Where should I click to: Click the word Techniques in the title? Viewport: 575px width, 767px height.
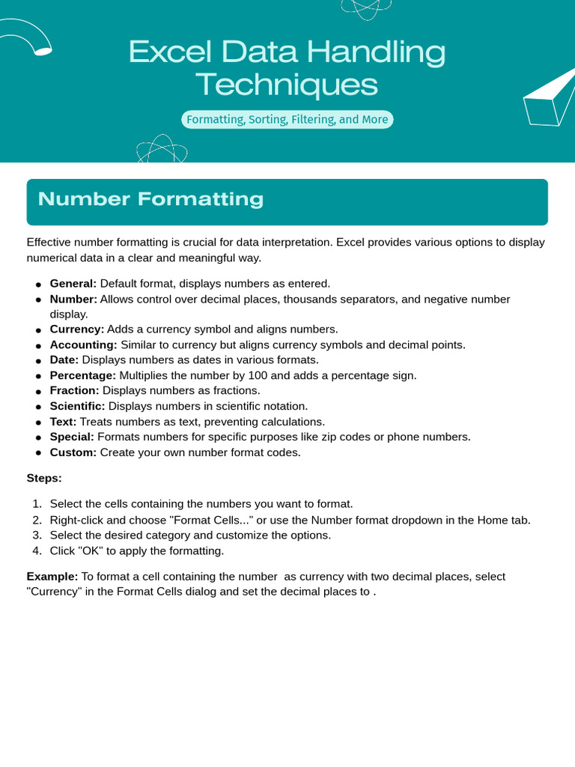click(287, 85)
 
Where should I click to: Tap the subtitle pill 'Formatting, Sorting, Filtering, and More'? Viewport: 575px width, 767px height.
click(287, 120)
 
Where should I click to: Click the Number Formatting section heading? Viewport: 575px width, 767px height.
click(150, 199)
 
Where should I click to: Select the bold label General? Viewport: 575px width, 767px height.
click(73, 283)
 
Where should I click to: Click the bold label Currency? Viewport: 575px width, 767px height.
click(76, 329)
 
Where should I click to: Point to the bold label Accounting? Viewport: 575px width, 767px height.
click(83, 345)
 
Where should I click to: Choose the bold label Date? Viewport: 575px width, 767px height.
click(64, 360)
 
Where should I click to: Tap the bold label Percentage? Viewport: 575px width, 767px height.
click(82, 375)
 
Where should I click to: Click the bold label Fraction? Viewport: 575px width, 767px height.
click(74, 390)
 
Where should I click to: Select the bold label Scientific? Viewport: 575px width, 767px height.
click(77, 406)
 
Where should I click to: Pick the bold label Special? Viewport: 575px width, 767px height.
click(72, 437)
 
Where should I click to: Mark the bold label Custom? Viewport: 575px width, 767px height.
click(73, 452)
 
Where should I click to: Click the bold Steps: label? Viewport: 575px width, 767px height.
click(44, 478)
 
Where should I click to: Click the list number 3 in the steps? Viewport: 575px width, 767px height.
click(36, 536)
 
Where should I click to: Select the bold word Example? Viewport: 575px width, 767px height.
click(52, 577)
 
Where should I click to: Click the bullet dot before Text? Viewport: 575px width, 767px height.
click(37, 422)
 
